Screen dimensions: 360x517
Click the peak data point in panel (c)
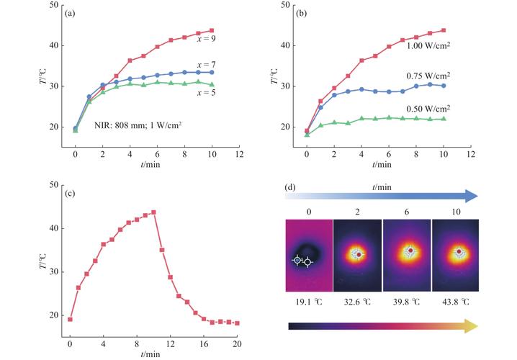(153, 212)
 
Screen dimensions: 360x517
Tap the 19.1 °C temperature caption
(309, 303)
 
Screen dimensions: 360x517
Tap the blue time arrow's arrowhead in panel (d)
(472, 195)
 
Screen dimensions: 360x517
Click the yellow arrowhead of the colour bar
(472, 326)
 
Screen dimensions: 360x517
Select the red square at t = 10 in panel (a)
(212, 31)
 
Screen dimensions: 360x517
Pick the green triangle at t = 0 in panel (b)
(307, 134)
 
